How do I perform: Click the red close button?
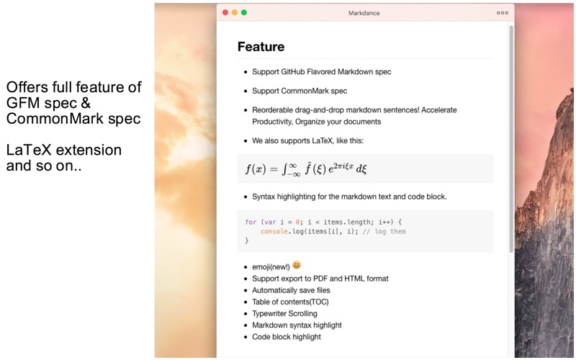pyautogui.click(x=225, y=12)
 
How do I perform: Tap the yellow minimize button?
pyautogui.click(x=235, y=12)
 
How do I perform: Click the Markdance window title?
pyautogui.click(x=364, y=13)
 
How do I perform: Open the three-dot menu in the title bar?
pyautogui.click(x=502, y=13)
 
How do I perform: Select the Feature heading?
pyautogui.click(x=261, y=47)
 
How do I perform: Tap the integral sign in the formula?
pyautogui.click(x=284, y=169)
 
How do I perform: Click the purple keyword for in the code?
pyautogui.click(x=251, y=222)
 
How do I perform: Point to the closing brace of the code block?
pyautogui.click(x=247, y=240)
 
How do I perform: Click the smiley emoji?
pyautogui.click(x=297, y=265)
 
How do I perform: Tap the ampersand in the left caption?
pyautogui.click(x=86, y=103)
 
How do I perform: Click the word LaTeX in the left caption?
pyautogui.click(x=29, y=150)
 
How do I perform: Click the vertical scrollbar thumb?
pyautogui.click(x=511, y=139)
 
